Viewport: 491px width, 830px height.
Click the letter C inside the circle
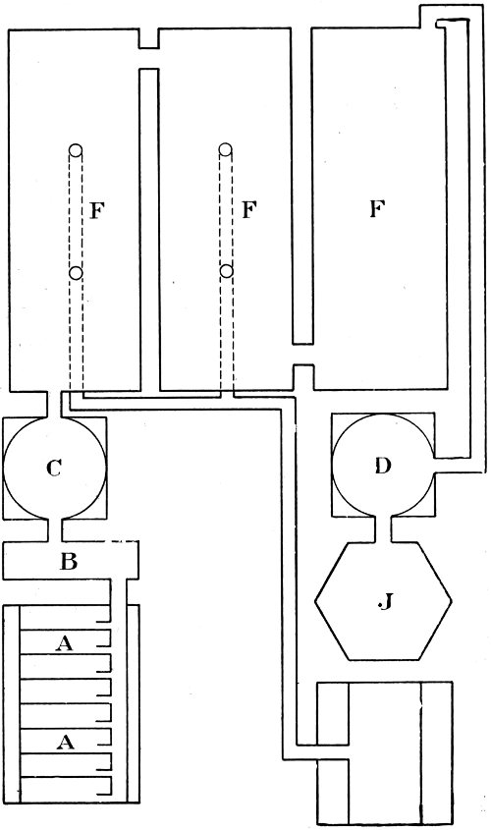[x=55, y=469]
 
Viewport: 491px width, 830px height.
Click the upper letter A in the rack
[x=66, y=641]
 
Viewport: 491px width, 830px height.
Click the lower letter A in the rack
[x=66, y=743]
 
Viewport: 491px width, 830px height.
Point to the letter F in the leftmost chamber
[x=96, y=210]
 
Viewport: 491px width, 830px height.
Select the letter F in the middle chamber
[x=248, y=210]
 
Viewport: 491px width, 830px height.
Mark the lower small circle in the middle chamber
[x=227, y=270]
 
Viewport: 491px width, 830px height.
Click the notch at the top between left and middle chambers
[x=148, y=38]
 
